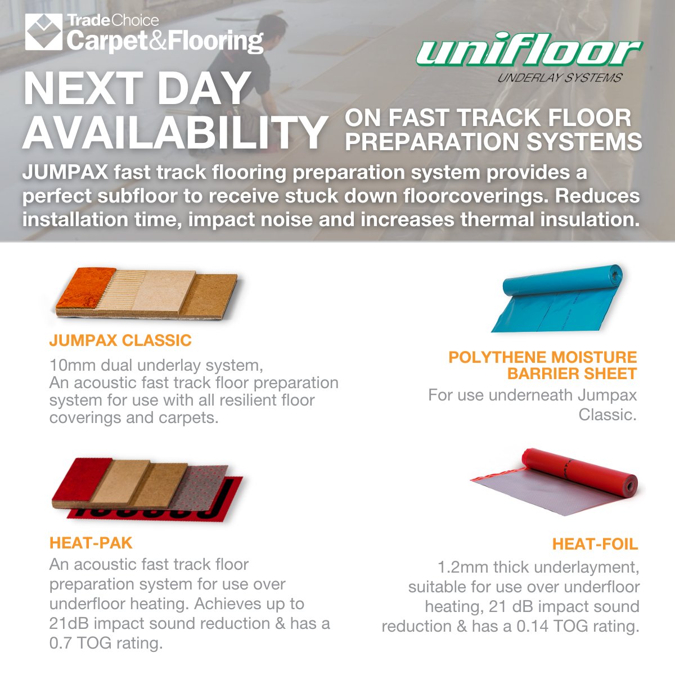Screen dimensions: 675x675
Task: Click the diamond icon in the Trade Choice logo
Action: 43,32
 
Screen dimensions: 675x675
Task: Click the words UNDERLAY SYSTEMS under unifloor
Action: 560,78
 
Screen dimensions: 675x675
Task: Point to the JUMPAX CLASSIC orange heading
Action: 120,340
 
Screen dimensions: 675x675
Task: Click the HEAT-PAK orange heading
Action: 91,543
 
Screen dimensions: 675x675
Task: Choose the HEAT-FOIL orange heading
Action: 595,544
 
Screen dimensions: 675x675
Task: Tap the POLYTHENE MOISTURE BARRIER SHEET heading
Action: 543,365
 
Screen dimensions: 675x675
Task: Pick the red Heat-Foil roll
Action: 562,481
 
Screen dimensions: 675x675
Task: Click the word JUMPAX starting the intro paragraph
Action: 65,172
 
